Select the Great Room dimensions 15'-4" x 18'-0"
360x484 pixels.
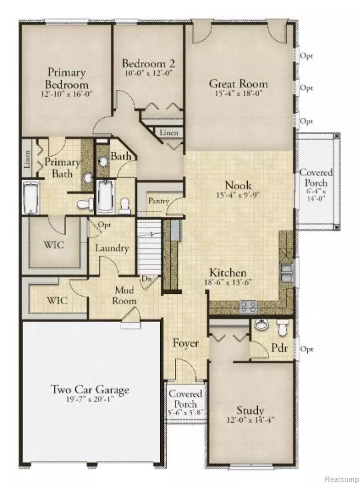238,95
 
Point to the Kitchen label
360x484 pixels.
229,273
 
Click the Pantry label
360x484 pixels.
158,201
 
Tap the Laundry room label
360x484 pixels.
111,248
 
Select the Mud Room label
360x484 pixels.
125,295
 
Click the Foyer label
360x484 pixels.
183,345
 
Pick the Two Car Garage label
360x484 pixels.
90,390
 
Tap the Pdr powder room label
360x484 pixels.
279,349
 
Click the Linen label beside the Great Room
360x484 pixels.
169,133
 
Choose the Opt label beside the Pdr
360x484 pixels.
307,349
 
